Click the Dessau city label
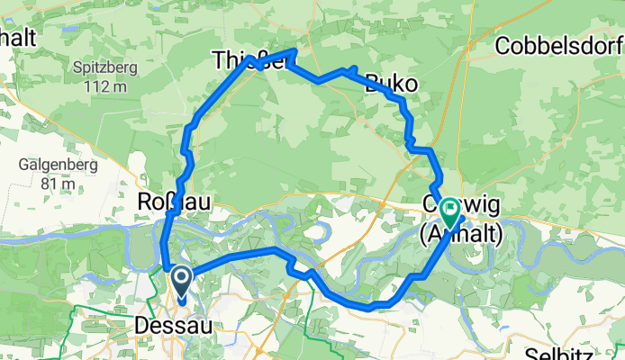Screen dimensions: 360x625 (173, 324)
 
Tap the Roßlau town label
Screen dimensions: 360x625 (173, 202)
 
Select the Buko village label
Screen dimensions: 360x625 (391, 85)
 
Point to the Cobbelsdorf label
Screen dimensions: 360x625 (558, 46)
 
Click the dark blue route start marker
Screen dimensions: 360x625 (181, 281)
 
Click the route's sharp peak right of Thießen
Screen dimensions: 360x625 (294, 51)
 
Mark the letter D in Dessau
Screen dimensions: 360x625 (142, 324)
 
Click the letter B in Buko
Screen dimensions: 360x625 (372, 85)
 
